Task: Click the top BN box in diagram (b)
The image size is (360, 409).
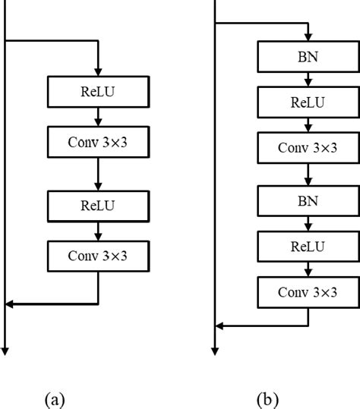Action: point(307,56)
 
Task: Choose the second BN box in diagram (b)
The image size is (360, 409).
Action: point(307,201)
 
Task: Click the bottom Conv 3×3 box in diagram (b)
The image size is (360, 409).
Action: point(307,291)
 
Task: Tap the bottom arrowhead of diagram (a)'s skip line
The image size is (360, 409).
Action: point(6,349)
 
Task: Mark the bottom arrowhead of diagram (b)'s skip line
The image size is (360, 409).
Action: point(216,349)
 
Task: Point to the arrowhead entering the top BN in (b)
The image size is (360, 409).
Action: point(307,37)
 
